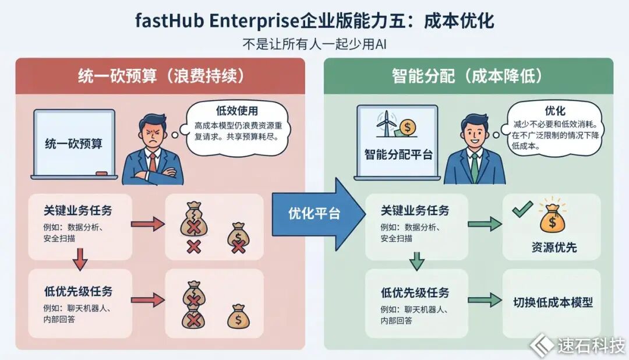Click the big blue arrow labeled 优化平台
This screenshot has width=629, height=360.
coord(317,214)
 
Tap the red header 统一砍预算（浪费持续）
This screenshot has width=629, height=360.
coord(161,76)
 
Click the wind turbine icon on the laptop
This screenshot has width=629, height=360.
coord(386,123)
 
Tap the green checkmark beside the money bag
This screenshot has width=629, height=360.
coord(522,209)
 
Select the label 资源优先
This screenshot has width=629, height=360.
coord(554,247)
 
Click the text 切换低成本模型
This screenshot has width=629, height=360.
coord(553,302)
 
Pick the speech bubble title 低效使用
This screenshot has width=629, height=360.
coord(237,110)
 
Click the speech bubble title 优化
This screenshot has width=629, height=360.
coord(555,110)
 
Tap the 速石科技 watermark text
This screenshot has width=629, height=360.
coord(591,345)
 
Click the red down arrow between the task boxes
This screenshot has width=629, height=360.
coord(80,259)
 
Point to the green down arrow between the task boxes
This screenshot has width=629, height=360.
coord(417,261)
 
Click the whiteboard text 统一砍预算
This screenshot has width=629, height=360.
coord(74,143)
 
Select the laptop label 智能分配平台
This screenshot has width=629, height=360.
coord(398,154)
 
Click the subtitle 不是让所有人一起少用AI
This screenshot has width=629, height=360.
coord(314,44)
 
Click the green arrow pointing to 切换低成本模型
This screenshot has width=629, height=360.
coord(485,300)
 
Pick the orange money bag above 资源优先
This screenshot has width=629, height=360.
coord(552,218)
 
